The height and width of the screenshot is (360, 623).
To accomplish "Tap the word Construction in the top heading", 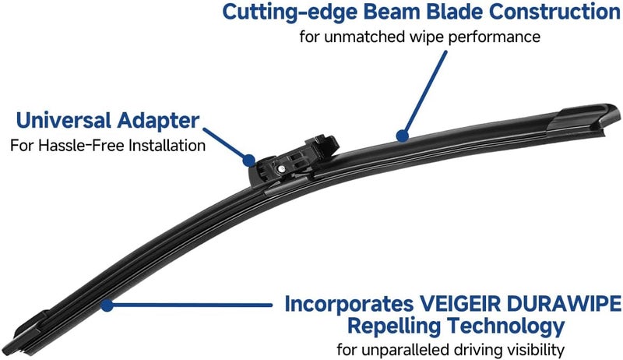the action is pos(555,12).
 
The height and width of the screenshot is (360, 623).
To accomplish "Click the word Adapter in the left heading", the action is pos(158,122).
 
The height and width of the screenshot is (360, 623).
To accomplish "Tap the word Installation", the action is pos(167,146).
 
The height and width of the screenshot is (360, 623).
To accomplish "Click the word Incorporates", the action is pos(349,305).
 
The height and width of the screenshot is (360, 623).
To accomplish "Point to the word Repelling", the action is pos(394,326).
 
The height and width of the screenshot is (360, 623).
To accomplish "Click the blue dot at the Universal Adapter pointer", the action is pos(249,161).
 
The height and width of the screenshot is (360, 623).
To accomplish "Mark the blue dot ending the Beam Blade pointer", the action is pos(403,136).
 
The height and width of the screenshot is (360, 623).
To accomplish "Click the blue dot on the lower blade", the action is pos(107,305).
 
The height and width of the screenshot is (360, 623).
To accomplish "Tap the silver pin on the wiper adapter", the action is pos(282,168).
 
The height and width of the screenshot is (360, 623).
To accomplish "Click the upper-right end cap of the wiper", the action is pos(588,116).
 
